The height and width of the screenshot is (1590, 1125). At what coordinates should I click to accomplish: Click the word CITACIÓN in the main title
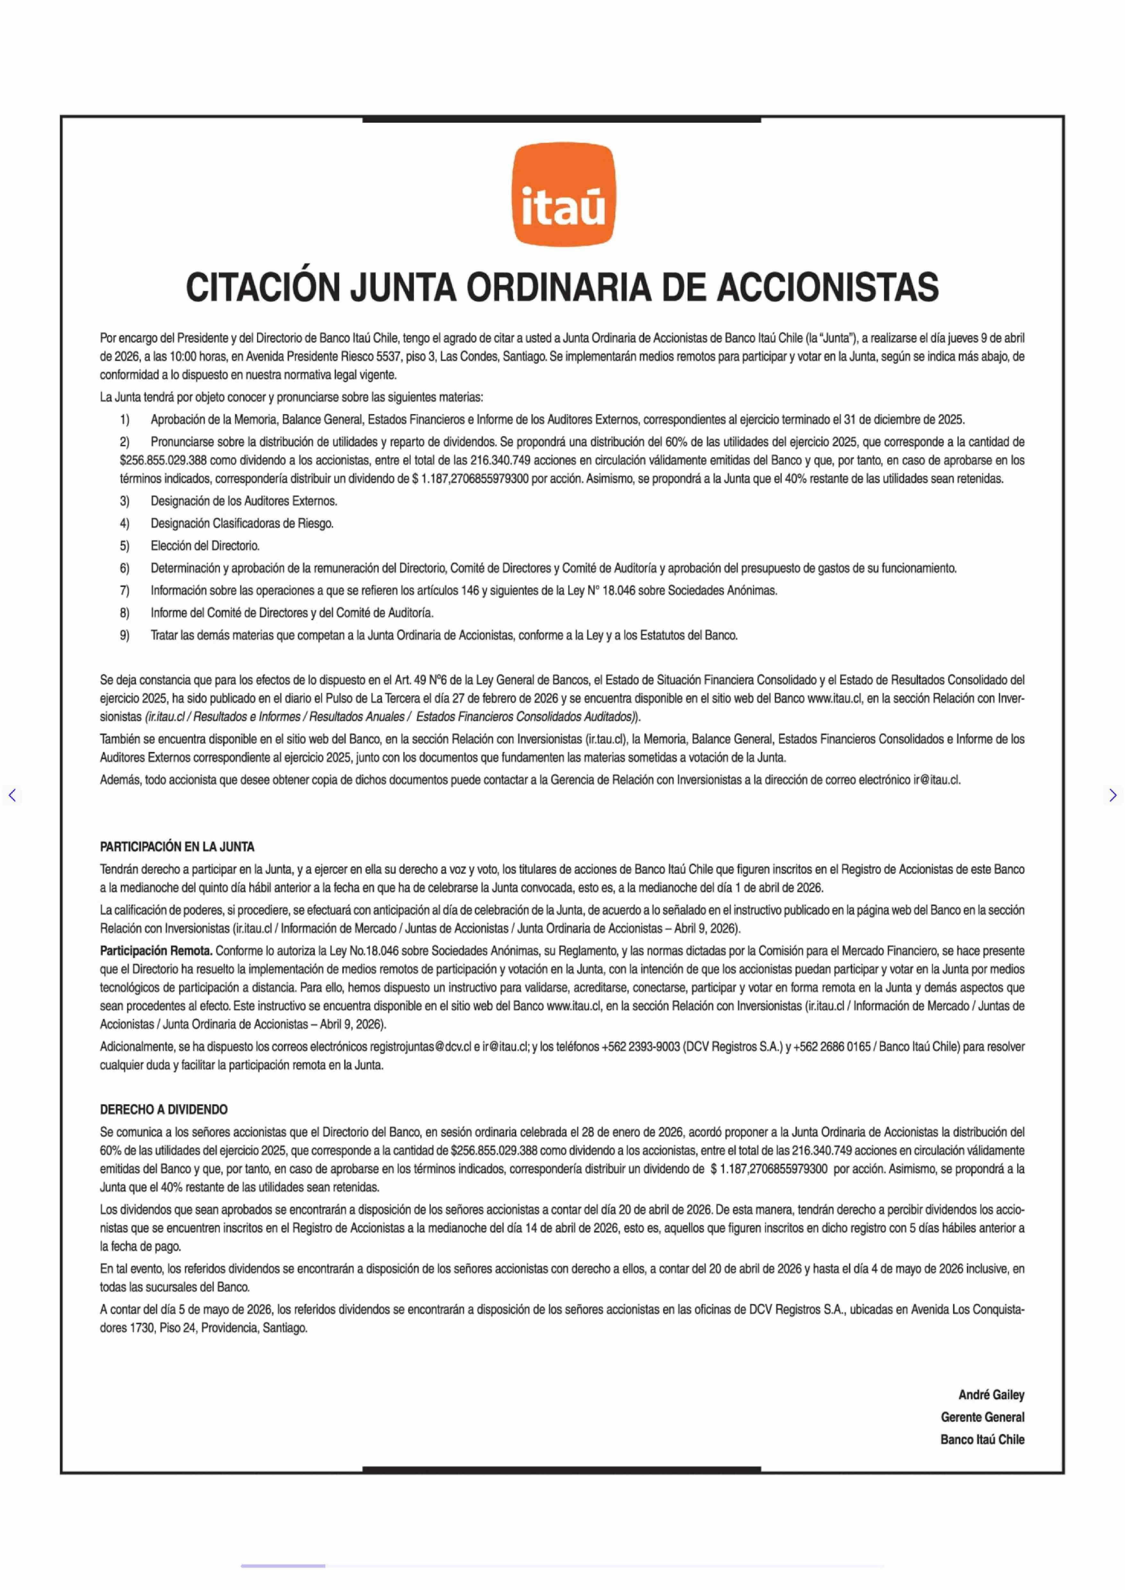[263, 288]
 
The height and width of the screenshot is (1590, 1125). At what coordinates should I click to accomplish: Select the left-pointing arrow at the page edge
[12, 795]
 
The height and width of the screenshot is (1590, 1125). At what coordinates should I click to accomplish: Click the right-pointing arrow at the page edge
[1112, 795]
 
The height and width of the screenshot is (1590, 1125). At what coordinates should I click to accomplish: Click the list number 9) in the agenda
[125, 635]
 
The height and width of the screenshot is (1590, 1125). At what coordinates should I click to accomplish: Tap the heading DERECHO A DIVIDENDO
[164, 1109]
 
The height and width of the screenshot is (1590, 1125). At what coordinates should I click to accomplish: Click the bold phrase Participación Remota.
[156, 951]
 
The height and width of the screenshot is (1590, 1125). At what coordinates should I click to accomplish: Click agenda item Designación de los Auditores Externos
[244, 501]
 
